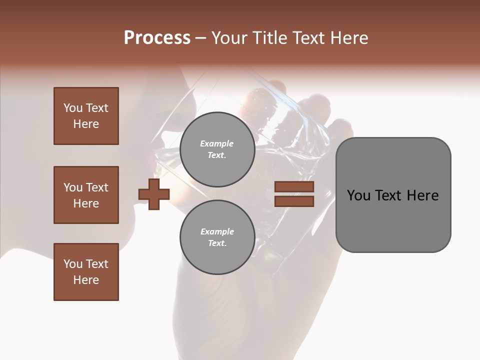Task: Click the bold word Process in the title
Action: (157, 38)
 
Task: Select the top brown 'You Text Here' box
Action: (86, 116)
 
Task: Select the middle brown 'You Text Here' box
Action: (86, 195)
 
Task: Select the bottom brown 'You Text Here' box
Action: (86, 272)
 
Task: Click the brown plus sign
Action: (154, 194)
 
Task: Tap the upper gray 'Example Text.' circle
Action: (217, 149)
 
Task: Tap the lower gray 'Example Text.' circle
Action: (217, 237)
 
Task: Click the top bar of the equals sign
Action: (294, 187)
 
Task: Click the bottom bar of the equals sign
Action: (294, 201)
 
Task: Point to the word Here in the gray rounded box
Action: (422, 195)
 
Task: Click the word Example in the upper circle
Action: (217, 143)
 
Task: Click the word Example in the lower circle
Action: (217, 231)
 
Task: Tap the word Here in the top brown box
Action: (86, 124)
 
